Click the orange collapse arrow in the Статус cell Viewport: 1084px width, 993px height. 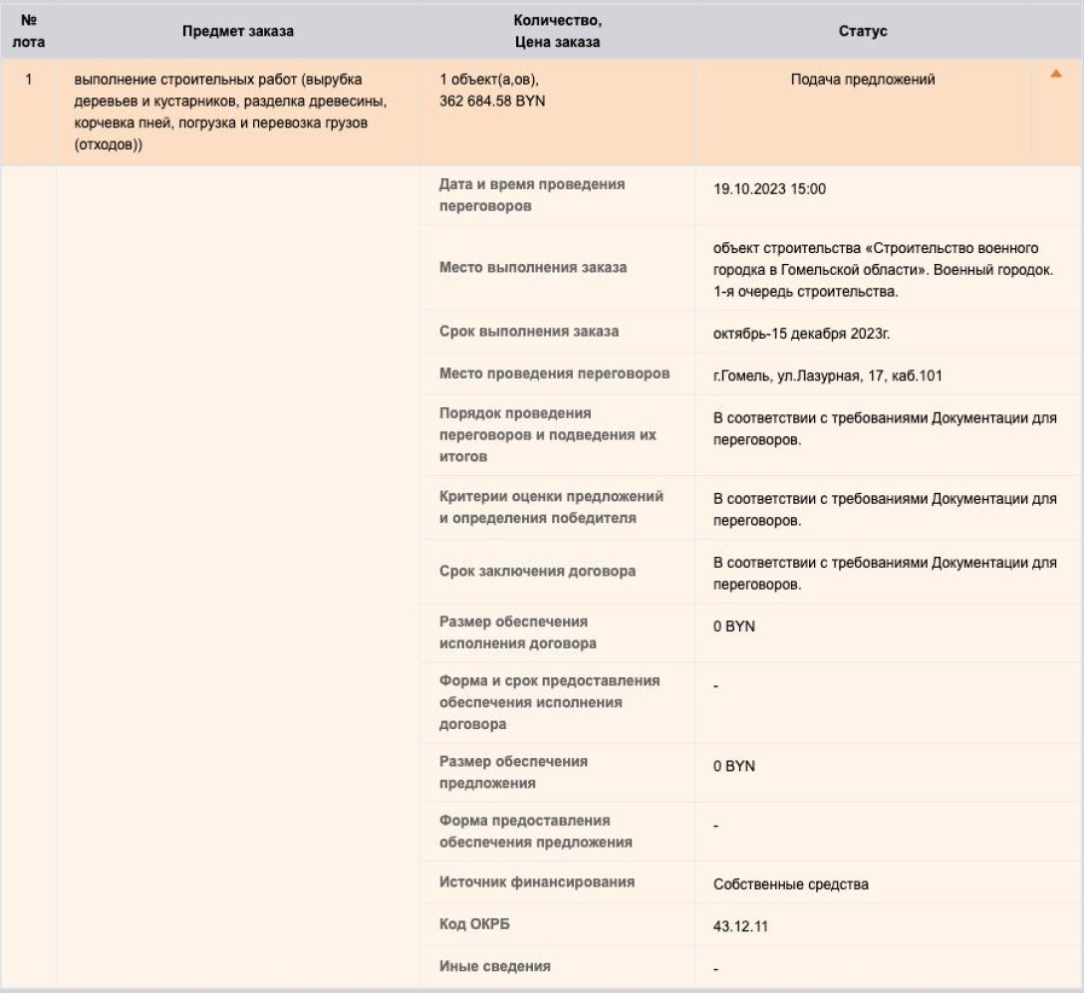1056,74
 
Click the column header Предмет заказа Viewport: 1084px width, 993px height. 238,31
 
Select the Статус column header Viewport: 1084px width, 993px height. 863,31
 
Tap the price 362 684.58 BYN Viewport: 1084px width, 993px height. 492,101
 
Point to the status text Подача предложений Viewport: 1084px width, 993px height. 863,80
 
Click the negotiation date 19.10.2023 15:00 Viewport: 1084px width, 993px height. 769,189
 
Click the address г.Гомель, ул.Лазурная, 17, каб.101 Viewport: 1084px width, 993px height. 828,375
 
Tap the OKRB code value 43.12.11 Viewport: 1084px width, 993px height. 740,926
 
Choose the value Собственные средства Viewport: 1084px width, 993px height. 791,883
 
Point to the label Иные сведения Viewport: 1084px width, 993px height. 494,966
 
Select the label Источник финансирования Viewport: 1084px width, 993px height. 536,882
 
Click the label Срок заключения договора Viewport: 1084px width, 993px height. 537,572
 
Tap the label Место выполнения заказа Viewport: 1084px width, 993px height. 533,267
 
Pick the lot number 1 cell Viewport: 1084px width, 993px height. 29,80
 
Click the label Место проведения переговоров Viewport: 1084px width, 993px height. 554,374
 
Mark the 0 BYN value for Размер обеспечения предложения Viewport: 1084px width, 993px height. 734,766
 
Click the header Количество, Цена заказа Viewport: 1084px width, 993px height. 558,31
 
